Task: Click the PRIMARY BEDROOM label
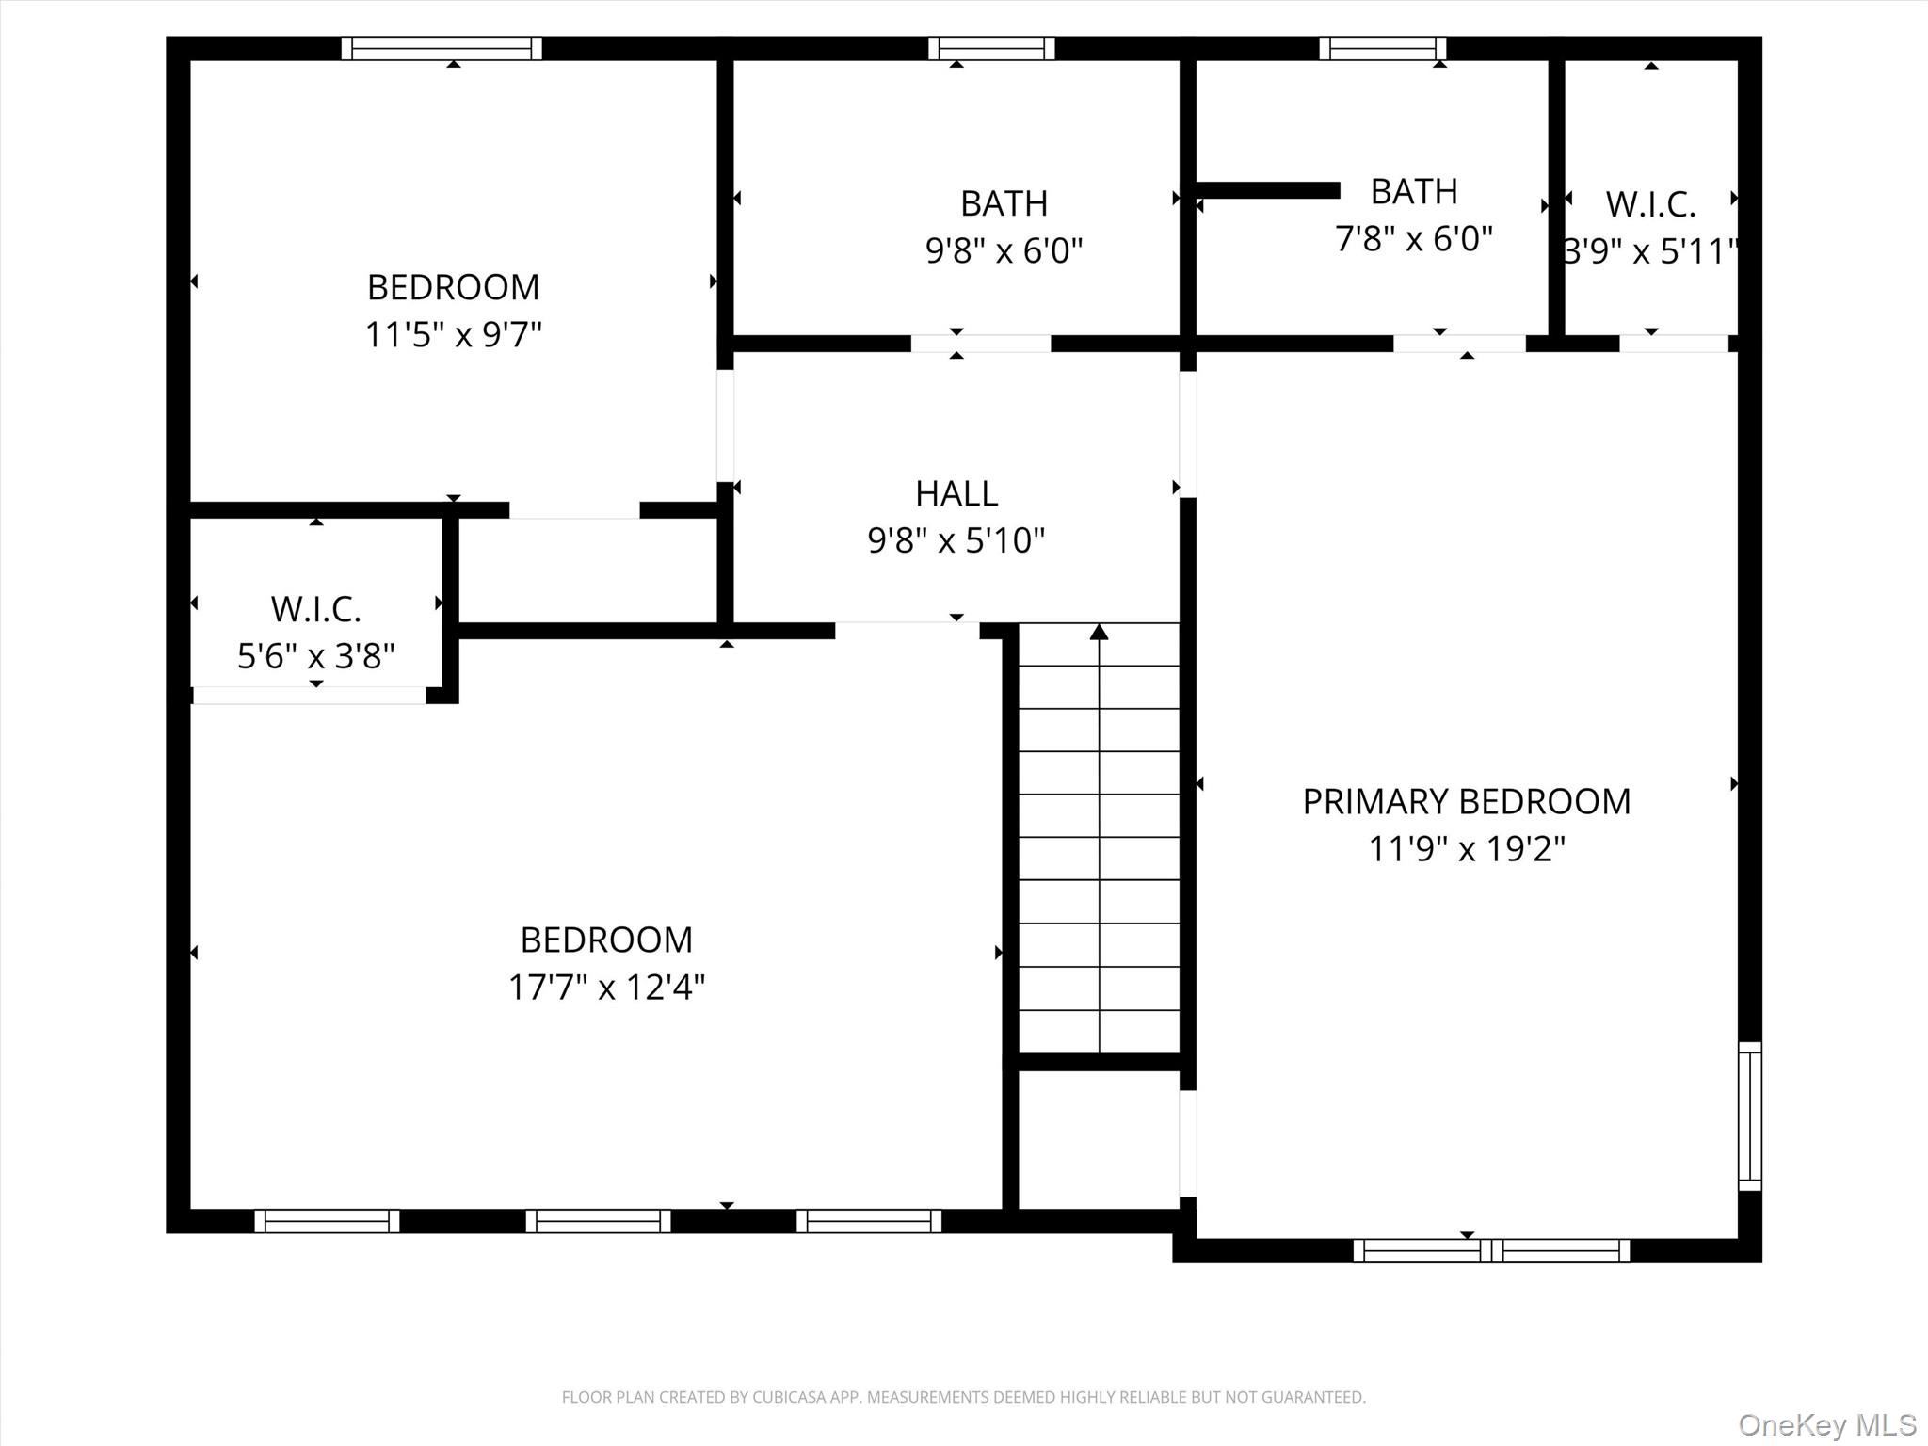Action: point(1466,802)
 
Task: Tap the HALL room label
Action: point(956,493)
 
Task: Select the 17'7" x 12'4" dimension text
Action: point(606,988)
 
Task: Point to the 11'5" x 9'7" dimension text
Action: point(453,334)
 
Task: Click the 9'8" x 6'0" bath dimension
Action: point(1004,250)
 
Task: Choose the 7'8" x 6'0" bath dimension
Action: point(1413,239)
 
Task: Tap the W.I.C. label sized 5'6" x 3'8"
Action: point(315,609)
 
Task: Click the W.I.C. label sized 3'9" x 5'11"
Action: point(1650,204)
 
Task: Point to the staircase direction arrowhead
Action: point(1099,632)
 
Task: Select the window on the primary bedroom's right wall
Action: point(1749,1117)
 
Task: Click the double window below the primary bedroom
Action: point(1491,1250)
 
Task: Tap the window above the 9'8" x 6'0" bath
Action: point(991,48)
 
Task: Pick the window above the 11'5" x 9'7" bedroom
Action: point(442,48)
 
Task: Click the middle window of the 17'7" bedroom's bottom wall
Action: point(598,1221)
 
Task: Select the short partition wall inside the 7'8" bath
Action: point(1267,190)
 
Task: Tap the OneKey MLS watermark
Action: point(1826,1424)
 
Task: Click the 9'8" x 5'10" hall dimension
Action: point(956,540)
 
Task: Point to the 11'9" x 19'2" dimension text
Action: point(1466,849)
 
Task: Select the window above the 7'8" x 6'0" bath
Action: point(1382,48)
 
